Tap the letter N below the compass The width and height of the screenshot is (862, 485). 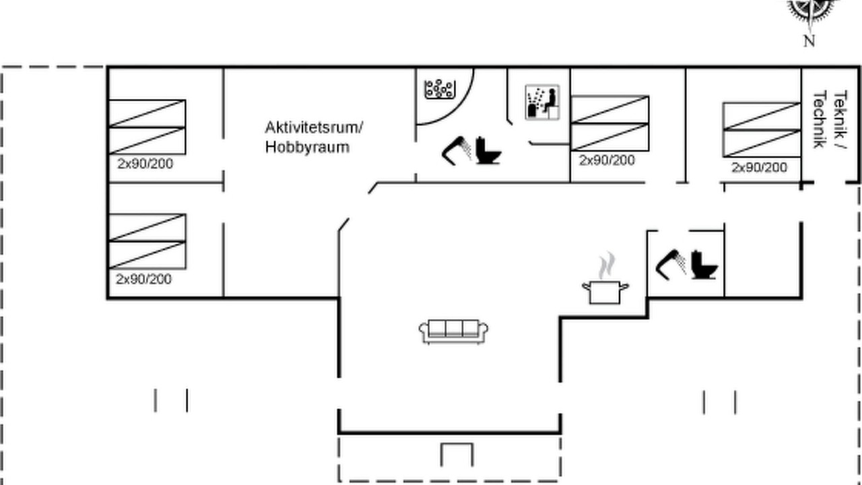(809, 41)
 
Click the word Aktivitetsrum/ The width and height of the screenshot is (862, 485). (314, 127)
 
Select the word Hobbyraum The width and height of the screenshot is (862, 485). (307, 147)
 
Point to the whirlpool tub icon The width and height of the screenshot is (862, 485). (440, 90)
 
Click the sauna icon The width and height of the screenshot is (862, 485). (542, 102)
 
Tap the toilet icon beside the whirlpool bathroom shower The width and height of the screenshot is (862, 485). (488, 150)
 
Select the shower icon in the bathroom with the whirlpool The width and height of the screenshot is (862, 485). (457, 150)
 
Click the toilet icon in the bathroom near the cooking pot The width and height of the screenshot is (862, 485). (704, 265)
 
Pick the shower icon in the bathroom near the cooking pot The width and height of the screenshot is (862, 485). (671, 265)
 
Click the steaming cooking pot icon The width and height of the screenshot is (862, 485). (605, 279)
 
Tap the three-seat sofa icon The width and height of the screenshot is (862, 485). (453, 331)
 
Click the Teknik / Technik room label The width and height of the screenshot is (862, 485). (830, 119)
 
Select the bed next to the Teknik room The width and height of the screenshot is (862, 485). (762, 130)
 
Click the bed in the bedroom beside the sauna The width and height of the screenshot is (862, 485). (610, 123)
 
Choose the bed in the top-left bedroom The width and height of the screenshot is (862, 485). (147, 127)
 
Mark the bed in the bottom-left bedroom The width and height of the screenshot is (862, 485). (147, 241)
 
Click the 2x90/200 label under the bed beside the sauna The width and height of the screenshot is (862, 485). (607, 160)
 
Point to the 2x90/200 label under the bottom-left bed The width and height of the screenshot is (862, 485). (143, 279)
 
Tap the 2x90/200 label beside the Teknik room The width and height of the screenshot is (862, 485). (759, 168)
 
